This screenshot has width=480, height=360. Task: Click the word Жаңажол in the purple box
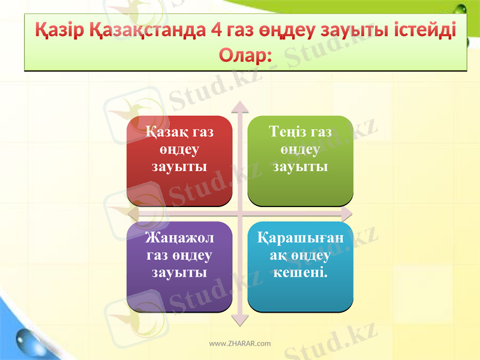(179, 238)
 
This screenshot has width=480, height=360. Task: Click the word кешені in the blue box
(299, 273)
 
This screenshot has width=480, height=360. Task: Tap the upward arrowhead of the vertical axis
(240, 107)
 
